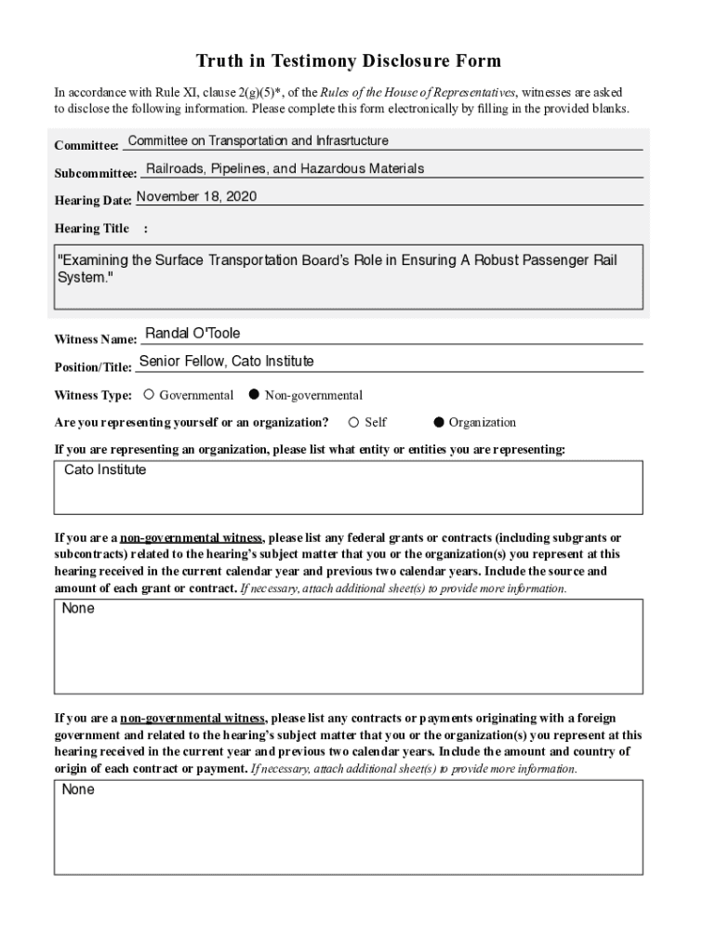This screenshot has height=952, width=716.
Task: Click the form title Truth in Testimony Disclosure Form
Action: point(348,61)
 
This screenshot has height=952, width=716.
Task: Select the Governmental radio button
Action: point(149,395)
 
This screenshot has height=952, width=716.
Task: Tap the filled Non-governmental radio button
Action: point(254,395)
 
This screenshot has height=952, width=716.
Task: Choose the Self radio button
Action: point(353,422)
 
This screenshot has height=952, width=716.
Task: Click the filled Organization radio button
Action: point(439,422)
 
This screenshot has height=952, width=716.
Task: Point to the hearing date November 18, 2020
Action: point(196,197)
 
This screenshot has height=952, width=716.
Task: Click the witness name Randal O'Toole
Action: point(193,334)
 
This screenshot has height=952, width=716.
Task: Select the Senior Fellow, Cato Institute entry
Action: point(226,361)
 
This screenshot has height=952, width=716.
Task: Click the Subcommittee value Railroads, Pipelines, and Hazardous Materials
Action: point(285,169)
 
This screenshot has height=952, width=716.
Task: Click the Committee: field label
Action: point(86,146)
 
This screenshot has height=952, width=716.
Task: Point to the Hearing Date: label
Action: point(93,201)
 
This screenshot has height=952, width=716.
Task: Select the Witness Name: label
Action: point(96,339)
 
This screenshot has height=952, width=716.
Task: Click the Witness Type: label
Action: point(93,395)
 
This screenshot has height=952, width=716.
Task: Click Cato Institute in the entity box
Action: point(105,470)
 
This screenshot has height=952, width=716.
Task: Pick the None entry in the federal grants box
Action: point(78,609)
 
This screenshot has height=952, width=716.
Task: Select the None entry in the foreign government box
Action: point(78,790)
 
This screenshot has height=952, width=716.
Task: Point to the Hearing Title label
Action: point(92,228)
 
